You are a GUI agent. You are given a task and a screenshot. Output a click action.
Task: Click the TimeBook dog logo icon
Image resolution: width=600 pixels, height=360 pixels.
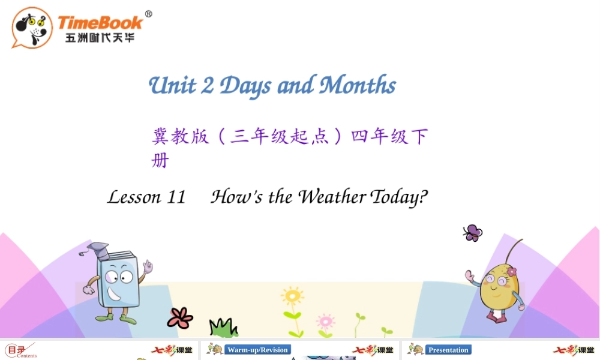[x=32, y=28]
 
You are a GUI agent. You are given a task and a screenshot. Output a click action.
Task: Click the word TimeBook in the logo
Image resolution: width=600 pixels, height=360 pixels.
[x=100, y=23]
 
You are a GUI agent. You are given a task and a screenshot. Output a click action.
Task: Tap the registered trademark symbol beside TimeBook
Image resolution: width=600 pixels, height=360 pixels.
[x=149, y=14]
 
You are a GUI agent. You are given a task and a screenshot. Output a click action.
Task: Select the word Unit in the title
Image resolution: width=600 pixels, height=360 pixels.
[x=172, y=85]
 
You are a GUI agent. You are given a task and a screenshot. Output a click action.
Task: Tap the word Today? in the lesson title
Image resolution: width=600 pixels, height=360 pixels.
[x=400, y=197]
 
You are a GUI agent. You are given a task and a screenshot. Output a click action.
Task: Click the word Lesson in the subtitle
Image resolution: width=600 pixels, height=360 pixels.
[x=134, y=197]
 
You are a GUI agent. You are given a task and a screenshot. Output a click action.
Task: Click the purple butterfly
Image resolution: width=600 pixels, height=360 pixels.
[x=472, y=233]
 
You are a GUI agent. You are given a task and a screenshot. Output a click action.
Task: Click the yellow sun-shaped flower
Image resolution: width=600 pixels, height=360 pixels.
[x=292, y=296]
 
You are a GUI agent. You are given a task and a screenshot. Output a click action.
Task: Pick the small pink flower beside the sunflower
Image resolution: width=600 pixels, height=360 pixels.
[x=325, y=321]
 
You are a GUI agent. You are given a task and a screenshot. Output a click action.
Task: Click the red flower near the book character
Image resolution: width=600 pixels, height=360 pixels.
[x=180, y=317]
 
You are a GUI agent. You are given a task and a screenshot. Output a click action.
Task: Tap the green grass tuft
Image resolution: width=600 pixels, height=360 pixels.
[x=223, y=328]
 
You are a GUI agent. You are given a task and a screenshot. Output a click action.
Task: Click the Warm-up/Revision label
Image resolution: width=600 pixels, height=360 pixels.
[x=257, y=350]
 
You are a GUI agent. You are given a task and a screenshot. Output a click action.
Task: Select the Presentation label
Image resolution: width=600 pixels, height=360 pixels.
[x=448, y=350]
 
